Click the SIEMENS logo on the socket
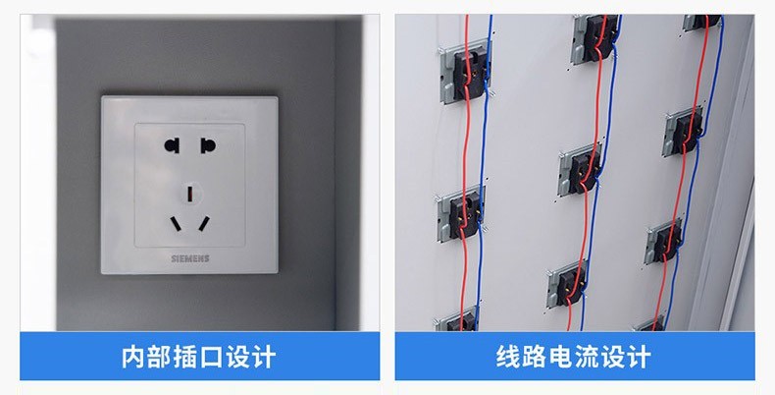tap(190, 258)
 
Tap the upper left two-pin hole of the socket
tap(172, 145)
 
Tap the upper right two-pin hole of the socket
tap(208, 145)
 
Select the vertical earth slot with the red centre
tap(189, 194)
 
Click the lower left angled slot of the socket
tap(176, 224)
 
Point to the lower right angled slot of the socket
tap(204, 223)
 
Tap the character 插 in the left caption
tap(185, 357)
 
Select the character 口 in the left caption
tap(211, 358)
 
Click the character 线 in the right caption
tap(508, 357)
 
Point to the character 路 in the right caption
tap(534, 357)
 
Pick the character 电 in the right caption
tap(560, 357)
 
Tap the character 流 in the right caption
tap(586, 357)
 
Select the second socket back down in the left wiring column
tap(461, 213)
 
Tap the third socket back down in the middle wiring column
tap(568, 284)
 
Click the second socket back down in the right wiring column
tap(684, 131)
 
